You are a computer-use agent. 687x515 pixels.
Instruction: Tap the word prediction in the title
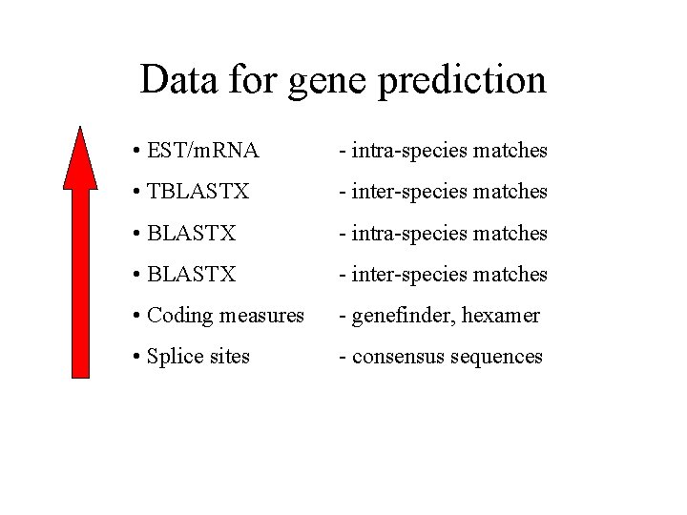point(462,82)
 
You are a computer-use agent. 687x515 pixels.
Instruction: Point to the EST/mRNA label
point(203,151)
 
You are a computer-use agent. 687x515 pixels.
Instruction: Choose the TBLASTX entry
point(198,192)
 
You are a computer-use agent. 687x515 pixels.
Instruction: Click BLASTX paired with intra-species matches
point(192,233)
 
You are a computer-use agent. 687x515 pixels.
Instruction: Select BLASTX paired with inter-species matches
point(192,275)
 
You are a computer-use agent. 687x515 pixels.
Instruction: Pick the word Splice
point(175,358)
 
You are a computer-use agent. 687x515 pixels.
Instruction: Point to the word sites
point(229,357)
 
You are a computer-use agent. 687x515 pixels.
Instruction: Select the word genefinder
point(398,316)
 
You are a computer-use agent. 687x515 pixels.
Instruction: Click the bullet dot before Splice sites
point(138,358)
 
